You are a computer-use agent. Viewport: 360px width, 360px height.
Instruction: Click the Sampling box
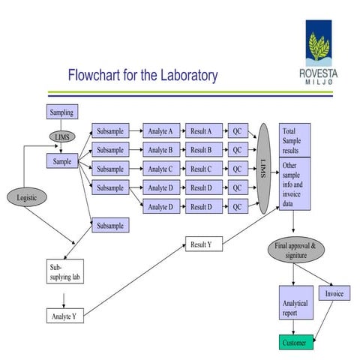pyautogui.click(x=61, y=112)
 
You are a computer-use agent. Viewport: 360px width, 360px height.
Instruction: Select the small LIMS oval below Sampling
pyautogui.click(x=61, y=136)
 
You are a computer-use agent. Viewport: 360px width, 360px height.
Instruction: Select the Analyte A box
pyautogui.click(x=160, y=130)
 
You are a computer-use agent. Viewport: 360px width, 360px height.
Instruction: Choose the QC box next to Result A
pyautogui.click(x=237, y=130)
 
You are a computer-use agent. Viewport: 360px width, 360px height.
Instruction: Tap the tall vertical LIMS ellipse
pyautogui.click(x=263, y=169)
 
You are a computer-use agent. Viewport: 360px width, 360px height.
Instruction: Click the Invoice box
pyautogui.click(x=333, y=293)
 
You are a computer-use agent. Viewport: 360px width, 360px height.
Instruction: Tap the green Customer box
pyautogui.click(x=293, y=343)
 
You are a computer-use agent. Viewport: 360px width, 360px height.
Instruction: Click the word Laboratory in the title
pyautogui.click(x=181, y=76)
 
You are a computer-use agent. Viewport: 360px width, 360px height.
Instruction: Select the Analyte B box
pyautogui.click(x=160, y=149)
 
